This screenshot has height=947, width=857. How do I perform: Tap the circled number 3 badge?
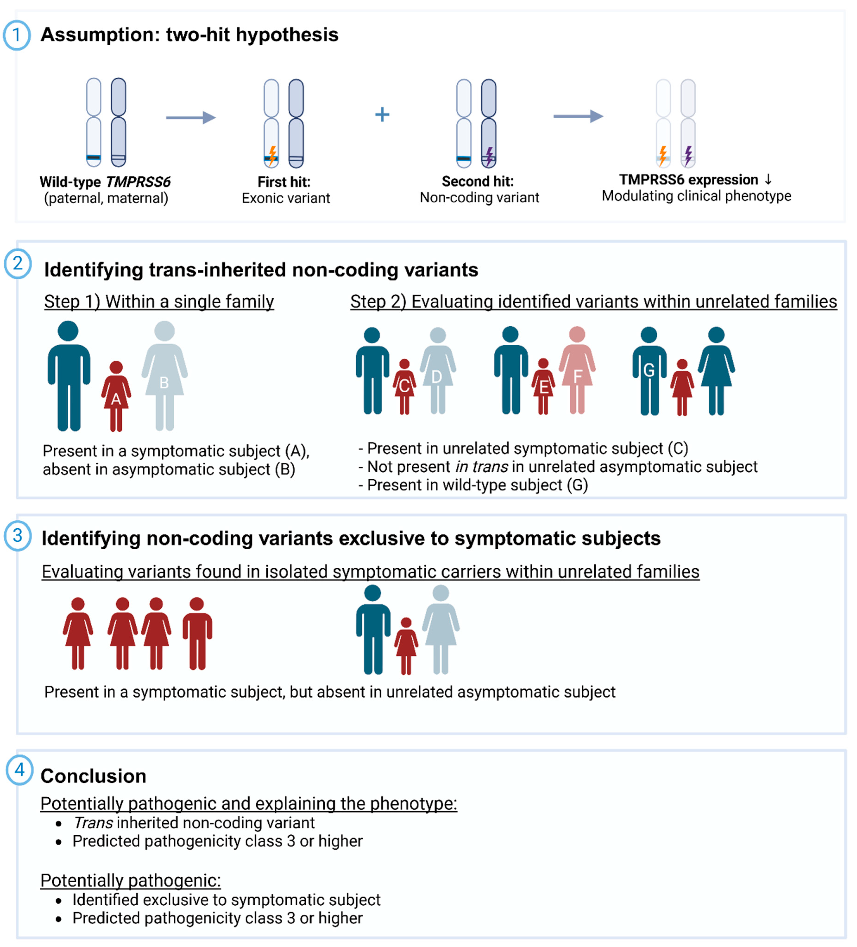18,535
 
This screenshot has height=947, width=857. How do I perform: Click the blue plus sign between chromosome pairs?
382,115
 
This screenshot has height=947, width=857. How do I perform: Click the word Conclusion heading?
94,776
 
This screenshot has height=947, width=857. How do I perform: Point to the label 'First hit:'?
284,182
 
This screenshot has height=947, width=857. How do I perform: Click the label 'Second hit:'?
477,181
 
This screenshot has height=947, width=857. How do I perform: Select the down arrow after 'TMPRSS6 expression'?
768,179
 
